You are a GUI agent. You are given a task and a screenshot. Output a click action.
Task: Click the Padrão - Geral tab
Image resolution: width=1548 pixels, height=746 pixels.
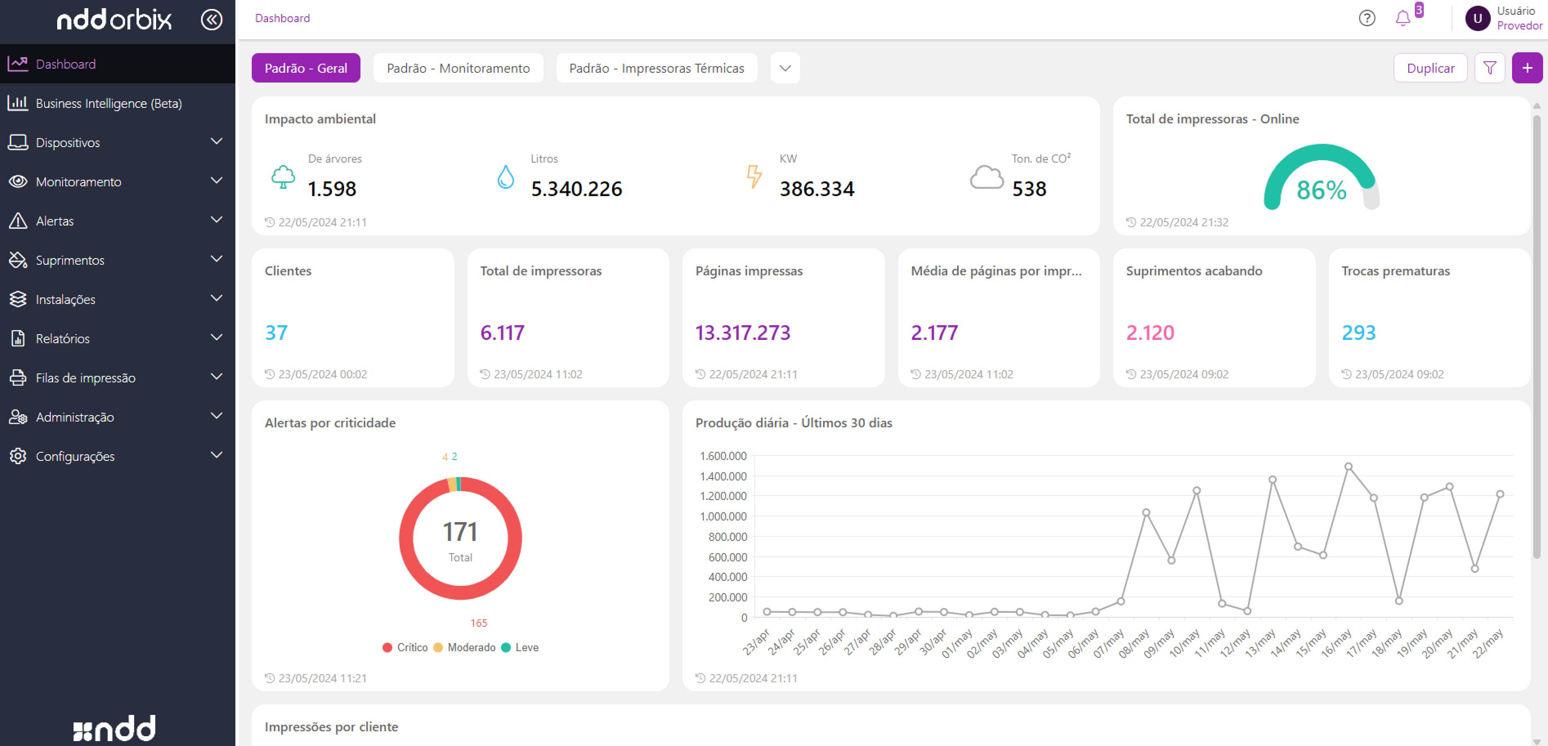[x=305, y=68]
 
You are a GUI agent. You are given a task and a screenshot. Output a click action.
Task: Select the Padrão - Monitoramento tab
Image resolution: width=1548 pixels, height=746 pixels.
[x=458, y=68]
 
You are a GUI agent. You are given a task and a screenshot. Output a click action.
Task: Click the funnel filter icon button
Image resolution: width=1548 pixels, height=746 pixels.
[x=1489, y=68]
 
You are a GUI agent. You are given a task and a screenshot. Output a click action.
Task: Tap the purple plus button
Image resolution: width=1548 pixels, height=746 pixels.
[x=1527, y=68]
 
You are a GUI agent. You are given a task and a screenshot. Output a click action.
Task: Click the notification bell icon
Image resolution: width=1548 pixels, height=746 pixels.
[x=1403, y=19]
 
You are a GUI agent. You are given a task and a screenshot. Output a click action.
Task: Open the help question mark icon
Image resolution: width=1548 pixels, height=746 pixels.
[x=1367, y=19]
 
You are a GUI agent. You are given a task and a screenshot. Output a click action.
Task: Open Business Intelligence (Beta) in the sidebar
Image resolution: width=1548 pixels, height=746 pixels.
[x=108, y=103]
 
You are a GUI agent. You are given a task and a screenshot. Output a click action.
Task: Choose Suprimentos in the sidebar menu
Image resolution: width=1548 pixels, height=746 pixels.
[x=70, y=260]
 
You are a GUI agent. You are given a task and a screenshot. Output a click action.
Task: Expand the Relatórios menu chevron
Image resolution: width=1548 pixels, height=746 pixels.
[x=216, y=337]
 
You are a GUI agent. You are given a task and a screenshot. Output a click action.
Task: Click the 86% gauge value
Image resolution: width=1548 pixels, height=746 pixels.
[x=1321, y=190]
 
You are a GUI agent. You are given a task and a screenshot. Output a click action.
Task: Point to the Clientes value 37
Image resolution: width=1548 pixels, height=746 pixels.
[x=276, y=332]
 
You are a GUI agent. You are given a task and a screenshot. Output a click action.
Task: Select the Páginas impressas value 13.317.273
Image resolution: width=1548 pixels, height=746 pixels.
[x=742, y=332]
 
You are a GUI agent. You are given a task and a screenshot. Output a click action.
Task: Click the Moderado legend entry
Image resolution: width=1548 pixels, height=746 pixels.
[x=470, y=648]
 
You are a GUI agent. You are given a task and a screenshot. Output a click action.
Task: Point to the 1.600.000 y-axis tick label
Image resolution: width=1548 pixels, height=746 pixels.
[x=723, y=456]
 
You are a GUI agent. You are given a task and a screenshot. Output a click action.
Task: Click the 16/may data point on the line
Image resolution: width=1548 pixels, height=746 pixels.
[x=1348, y=467]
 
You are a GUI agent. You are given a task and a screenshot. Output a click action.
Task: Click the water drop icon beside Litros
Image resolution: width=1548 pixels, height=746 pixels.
[x=506, y=177]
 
